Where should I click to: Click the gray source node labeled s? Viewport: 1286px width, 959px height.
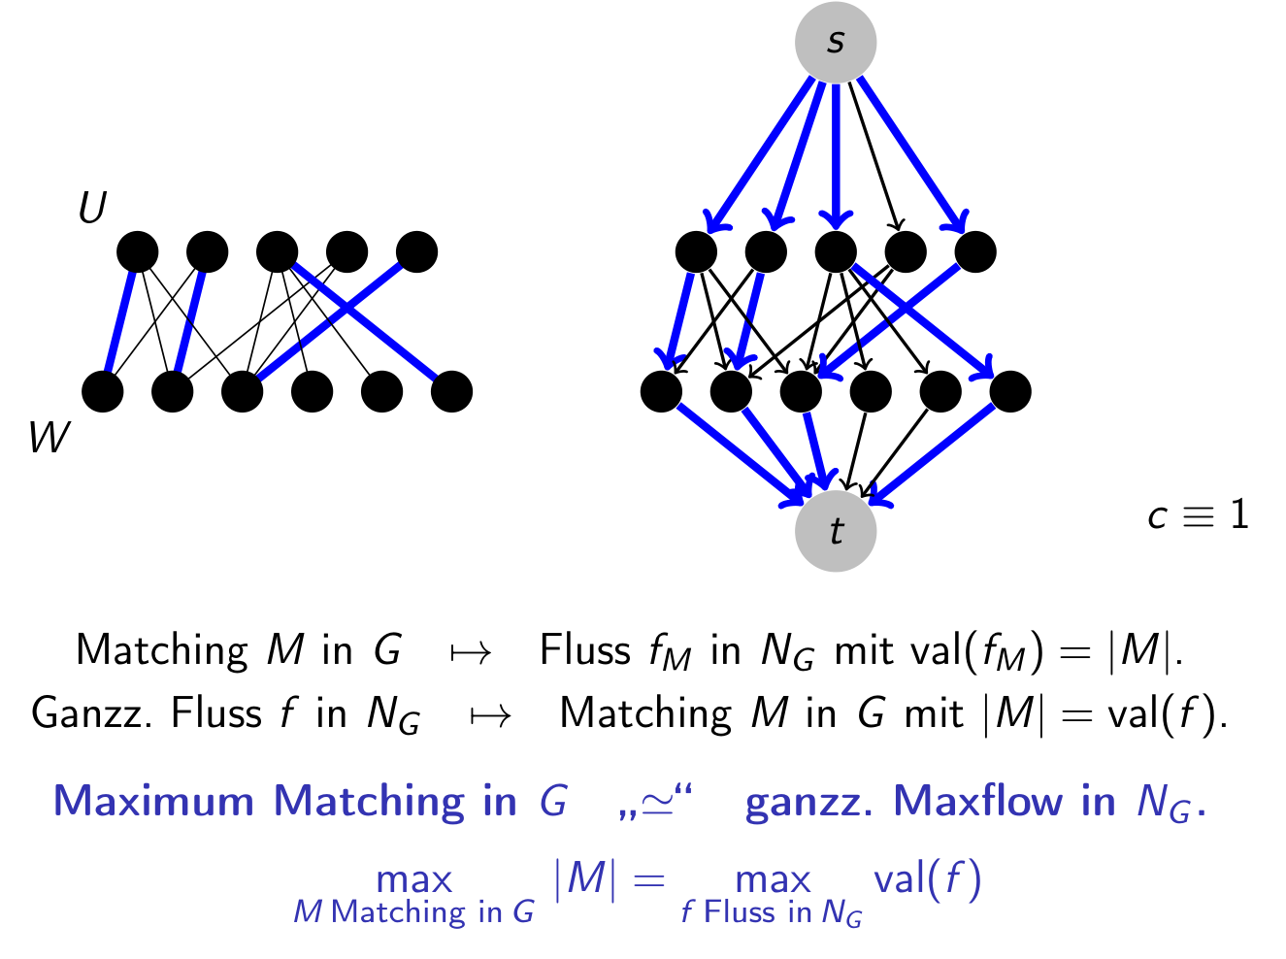(835, 42)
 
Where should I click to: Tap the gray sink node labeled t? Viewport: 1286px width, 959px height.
(835, 531)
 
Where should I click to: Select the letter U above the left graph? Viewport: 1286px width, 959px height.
(92, 208)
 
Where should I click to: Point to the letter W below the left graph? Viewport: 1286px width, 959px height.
(49, 438)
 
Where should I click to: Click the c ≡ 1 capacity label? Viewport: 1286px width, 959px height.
(1197, 515)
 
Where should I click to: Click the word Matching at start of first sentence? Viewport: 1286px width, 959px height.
(162, 650)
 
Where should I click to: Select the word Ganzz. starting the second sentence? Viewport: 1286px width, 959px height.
(94, 713)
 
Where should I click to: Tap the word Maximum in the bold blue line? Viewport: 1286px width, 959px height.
(154, 802)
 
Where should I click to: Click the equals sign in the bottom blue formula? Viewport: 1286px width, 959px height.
(648, 881)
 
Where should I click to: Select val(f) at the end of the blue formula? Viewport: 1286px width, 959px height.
(927, 879)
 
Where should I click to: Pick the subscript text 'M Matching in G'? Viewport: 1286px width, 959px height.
(413, 912)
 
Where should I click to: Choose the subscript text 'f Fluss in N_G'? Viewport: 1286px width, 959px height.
(771, 913)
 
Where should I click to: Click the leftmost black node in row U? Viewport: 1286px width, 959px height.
(137, 252)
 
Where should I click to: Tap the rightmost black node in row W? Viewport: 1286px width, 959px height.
(451, 392)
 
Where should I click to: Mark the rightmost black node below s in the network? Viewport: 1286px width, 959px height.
(975, 252)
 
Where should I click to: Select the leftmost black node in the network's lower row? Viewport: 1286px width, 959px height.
(661, 392)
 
